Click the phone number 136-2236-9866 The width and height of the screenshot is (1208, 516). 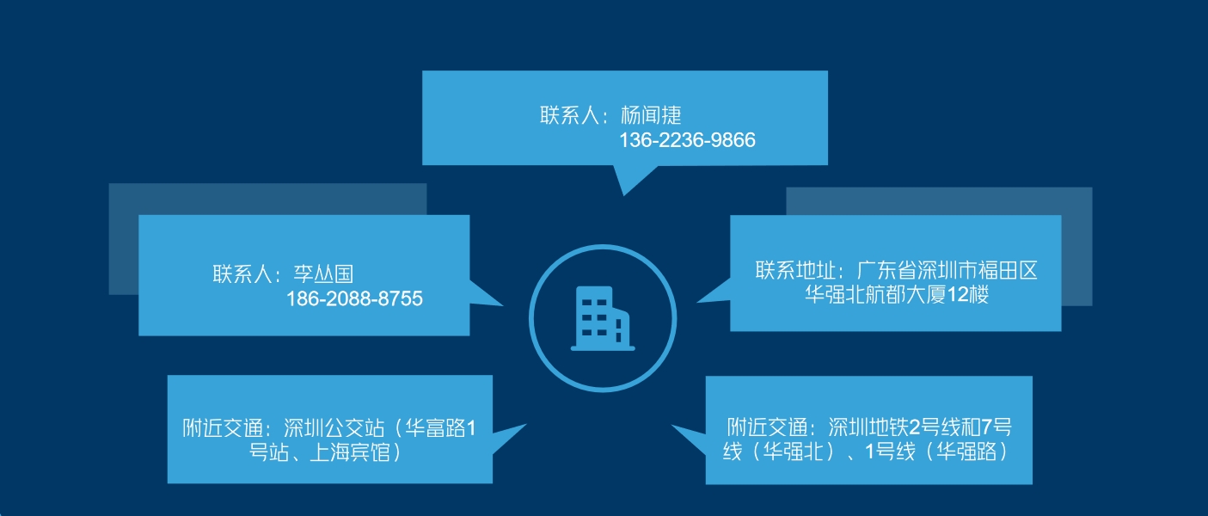click(x=687, y=140)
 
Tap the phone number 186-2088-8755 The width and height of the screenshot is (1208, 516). click(x=354, y=298)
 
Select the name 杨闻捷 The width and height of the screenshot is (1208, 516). click(x=651, y=115)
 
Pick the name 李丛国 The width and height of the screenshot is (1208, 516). click(x=323, y=273)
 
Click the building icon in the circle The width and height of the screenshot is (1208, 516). click(x=603, y=319)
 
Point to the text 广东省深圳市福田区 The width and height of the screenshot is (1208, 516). click(x=947, y=271)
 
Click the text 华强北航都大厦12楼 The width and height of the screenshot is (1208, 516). click(x=897, y=295)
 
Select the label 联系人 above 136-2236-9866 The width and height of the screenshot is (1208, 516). click(x=569, y=115)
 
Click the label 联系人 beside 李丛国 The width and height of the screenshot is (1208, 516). click(x=242, y=273)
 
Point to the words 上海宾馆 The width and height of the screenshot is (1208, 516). click(x=349, y=451)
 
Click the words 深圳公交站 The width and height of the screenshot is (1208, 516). click(x=334, y=428)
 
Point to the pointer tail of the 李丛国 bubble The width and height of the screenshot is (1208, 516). click(x=486, y=294)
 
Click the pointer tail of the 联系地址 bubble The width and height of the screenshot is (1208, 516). click(x=714, y=292)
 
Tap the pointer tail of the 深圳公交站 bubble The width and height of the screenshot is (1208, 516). click(x=509, y=438)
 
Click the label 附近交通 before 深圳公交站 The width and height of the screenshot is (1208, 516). click(x=223, y=428)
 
